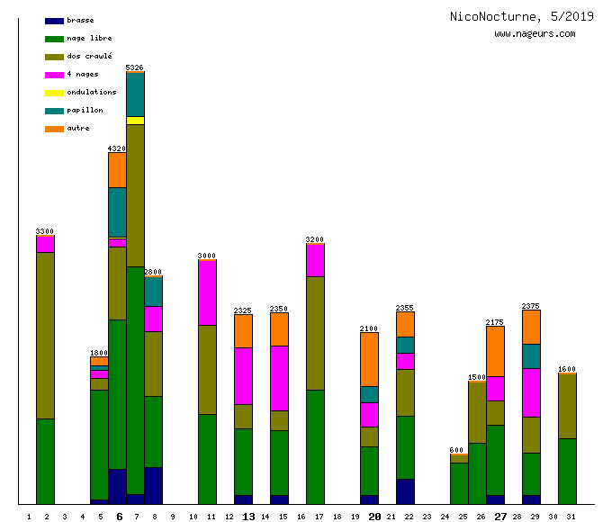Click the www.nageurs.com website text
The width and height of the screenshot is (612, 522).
[x=535, y=34]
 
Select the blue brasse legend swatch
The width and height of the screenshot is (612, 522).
[x=54, y=20]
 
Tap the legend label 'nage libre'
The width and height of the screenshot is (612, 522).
[x=89, y=38]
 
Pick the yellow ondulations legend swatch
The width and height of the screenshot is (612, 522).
[x=54, y=93]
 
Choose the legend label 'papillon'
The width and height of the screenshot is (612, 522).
[x=85, y=110]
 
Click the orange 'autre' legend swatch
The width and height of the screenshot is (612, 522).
[x=54, y=129]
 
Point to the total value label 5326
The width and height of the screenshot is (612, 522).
[x=135, y=67]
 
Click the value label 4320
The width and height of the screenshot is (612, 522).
[x=117, y=148]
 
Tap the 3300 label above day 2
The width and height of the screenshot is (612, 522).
[x=45, y=231]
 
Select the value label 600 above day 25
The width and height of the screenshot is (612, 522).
[x=457, y=450]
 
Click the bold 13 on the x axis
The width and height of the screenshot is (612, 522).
[x=248, y=517]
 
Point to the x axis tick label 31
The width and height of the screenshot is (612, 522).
[x=567, y=517]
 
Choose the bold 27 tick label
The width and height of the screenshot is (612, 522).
[x=500, y=517]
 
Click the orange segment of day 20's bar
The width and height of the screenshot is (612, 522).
[x=369, y=359]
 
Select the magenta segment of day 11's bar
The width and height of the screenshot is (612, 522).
[x=207, y=292]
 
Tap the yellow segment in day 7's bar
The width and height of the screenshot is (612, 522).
[x=135, y=121]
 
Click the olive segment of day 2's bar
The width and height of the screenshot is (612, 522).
[x=45, y=335]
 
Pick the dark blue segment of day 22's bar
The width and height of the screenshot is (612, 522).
[x=405, y=491]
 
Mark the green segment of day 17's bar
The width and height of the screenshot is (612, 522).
[x=315, y=446]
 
